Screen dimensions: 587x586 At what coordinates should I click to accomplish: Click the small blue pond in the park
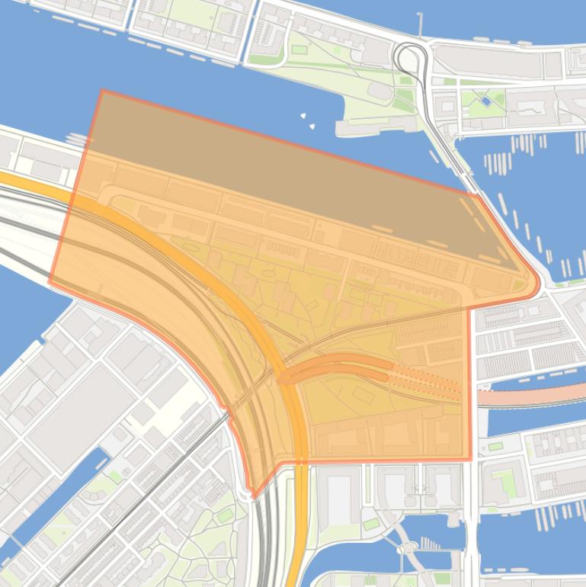485,101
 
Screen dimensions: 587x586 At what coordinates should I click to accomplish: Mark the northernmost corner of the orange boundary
102,91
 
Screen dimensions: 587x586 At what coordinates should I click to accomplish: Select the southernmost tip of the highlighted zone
255,496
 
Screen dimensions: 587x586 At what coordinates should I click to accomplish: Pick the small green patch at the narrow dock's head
115,476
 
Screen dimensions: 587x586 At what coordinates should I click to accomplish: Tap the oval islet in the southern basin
407,547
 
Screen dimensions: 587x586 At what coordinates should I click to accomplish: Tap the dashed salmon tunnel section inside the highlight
427,380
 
